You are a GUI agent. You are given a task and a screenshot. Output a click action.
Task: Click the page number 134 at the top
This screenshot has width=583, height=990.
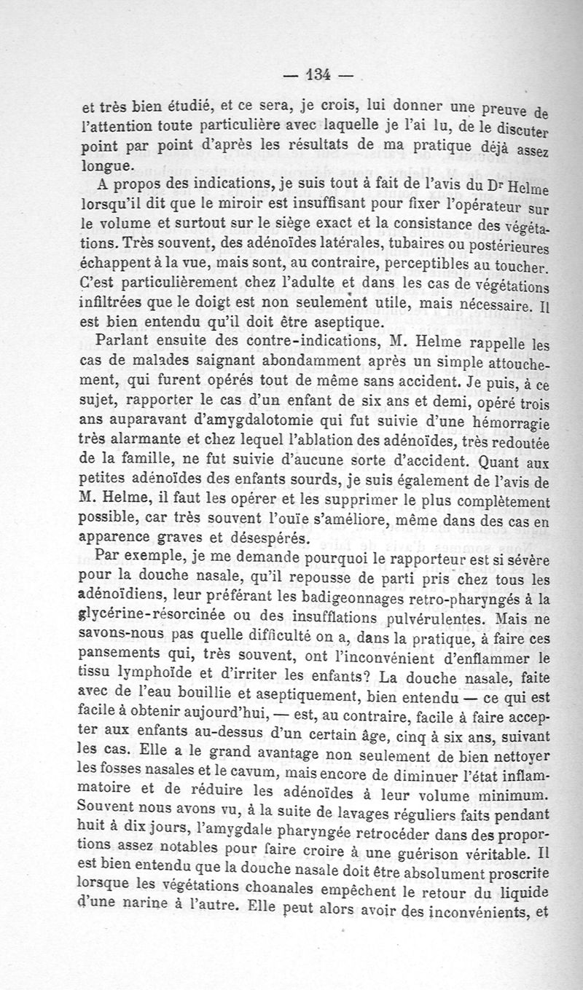point(318,74)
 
